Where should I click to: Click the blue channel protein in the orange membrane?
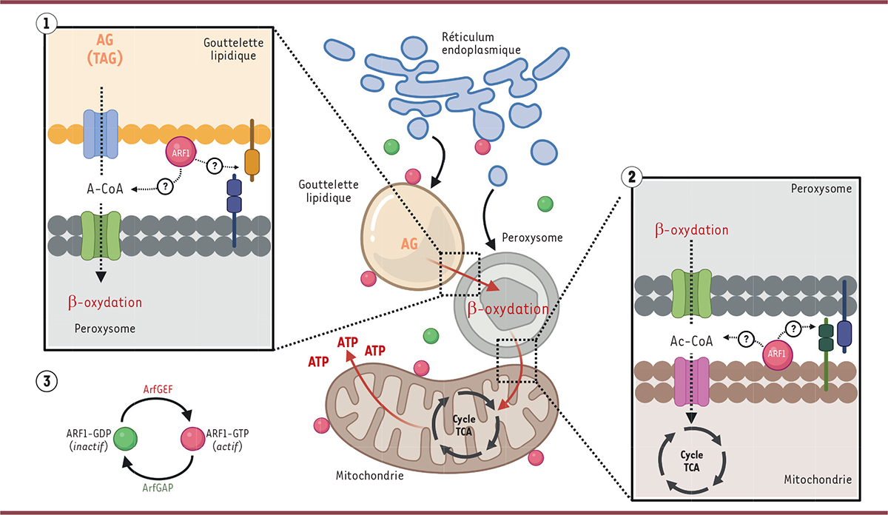(101, 134)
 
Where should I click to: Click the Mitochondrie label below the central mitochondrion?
(371, 475)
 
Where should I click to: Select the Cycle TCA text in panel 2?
(691, 460)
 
